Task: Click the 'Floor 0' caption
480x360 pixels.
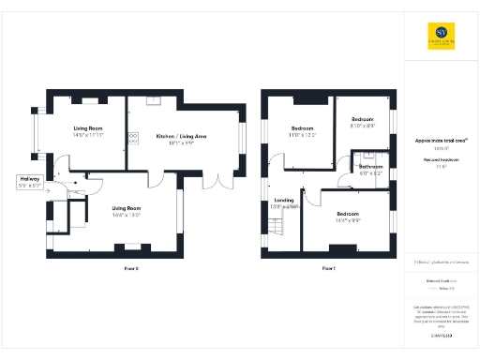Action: (131, 269)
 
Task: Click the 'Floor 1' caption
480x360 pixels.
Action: (328, 269)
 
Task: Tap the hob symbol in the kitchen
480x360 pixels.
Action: (133, 137)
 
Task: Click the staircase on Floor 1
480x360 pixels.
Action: (276, 226)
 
